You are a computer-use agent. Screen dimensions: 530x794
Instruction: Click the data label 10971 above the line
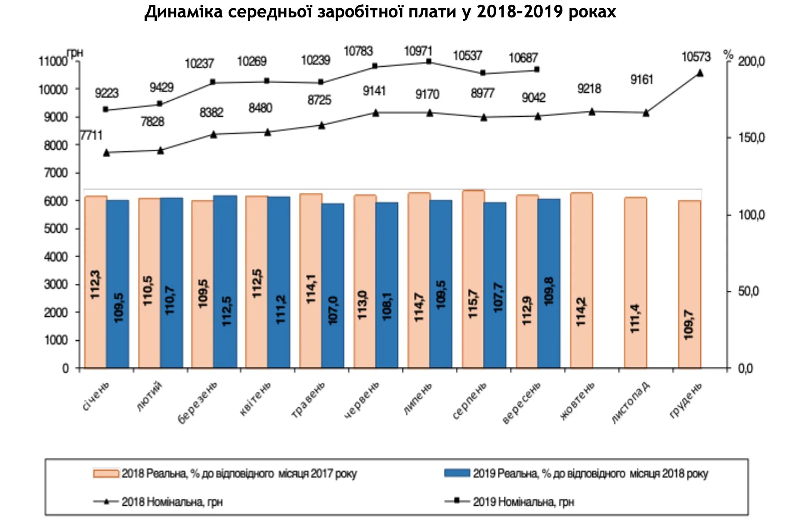(x=418, y=51)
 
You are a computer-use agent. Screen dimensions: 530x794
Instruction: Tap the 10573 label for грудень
(x=696, y=57)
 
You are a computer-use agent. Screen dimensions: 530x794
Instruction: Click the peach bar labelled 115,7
(x=473, y=278)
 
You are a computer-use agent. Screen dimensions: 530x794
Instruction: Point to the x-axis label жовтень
(x=578, y=401)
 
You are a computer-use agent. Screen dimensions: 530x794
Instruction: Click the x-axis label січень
(x=96, y=396)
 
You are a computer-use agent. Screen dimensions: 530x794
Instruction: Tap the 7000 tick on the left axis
(x=56, y=173)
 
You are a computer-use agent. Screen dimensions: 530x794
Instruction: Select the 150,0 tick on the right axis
(x=751, y=138)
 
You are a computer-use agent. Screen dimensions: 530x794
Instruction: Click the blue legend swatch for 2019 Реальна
(x=457, y=473)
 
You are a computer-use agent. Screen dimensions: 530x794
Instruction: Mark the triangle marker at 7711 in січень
(x=107, y=153)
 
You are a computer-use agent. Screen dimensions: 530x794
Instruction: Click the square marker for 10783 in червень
(x=375, y=66)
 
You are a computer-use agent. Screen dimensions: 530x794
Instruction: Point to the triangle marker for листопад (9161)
(x=646, y=113)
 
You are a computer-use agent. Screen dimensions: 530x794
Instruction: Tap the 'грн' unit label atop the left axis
(x=75, y=53)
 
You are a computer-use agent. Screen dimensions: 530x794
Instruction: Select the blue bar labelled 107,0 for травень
(x=333, y=285)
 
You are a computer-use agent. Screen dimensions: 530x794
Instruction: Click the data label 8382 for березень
(x=212, y=113)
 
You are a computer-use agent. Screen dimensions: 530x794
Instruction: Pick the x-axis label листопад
(x=631, y=403)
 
